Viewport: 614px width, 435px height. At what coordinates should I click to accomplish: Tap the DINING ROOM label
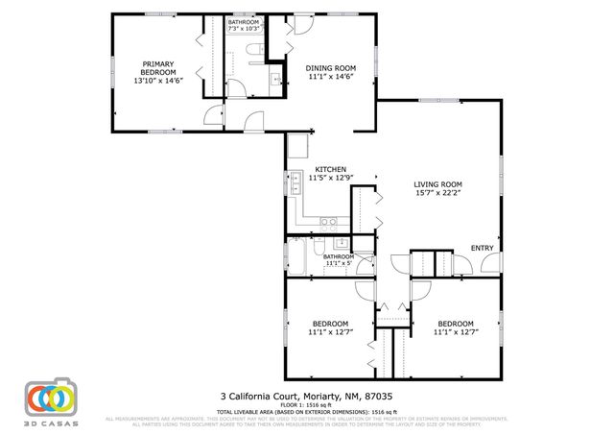pyautogui.click(x=331, y=68)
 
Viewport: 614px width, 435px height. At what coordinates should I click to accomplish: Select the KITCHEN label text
pyautogui.click(x=330, y=169)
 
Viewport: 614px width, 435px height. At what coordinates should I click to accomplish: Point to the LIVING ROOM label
pyautogui.click(x=437, y=184)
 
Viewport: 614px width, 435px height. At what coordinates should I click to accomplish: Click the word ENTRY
pyautogui.click(x=481, y=250)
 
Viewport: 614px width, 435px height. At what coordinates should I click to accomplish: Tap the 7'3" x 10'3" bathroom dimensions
pyautogui.click(x=244, y=29)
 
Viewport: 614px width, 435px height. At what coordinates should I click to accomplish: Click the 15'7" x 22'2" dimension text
pyautogui.click(x=437, y=193)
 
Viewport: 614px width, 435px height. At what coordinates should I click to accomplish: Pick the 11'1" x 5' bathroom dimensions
pyautogui.click(x=338, y=264)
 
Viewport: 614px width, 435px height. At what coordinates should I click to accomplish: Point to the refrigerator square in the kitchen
pyautogui.click(x=297, y=146)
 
